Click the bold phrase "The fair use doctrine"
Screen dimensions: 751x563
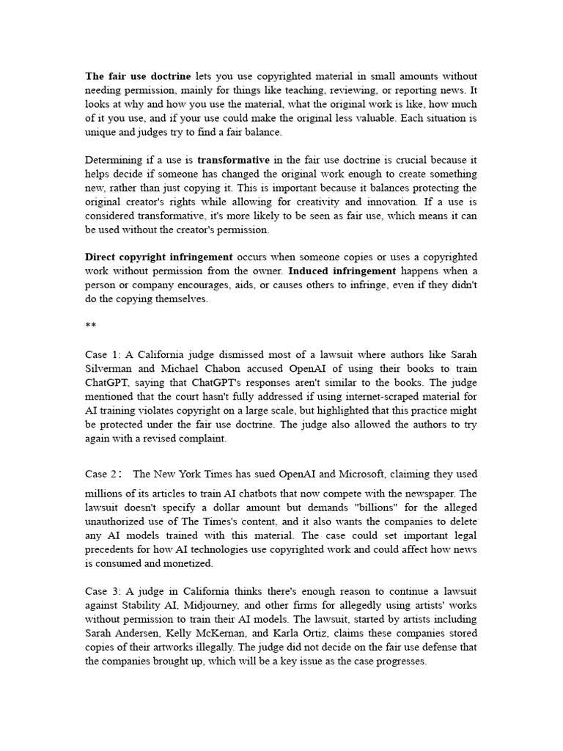138,76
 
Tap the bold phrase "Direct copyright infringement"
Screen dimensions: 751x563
159,257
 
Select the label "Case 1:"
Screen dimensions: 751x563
105,355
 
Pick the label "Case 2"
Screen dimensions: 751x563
101,474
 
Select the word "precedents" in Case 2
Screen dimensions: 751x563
114,550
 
